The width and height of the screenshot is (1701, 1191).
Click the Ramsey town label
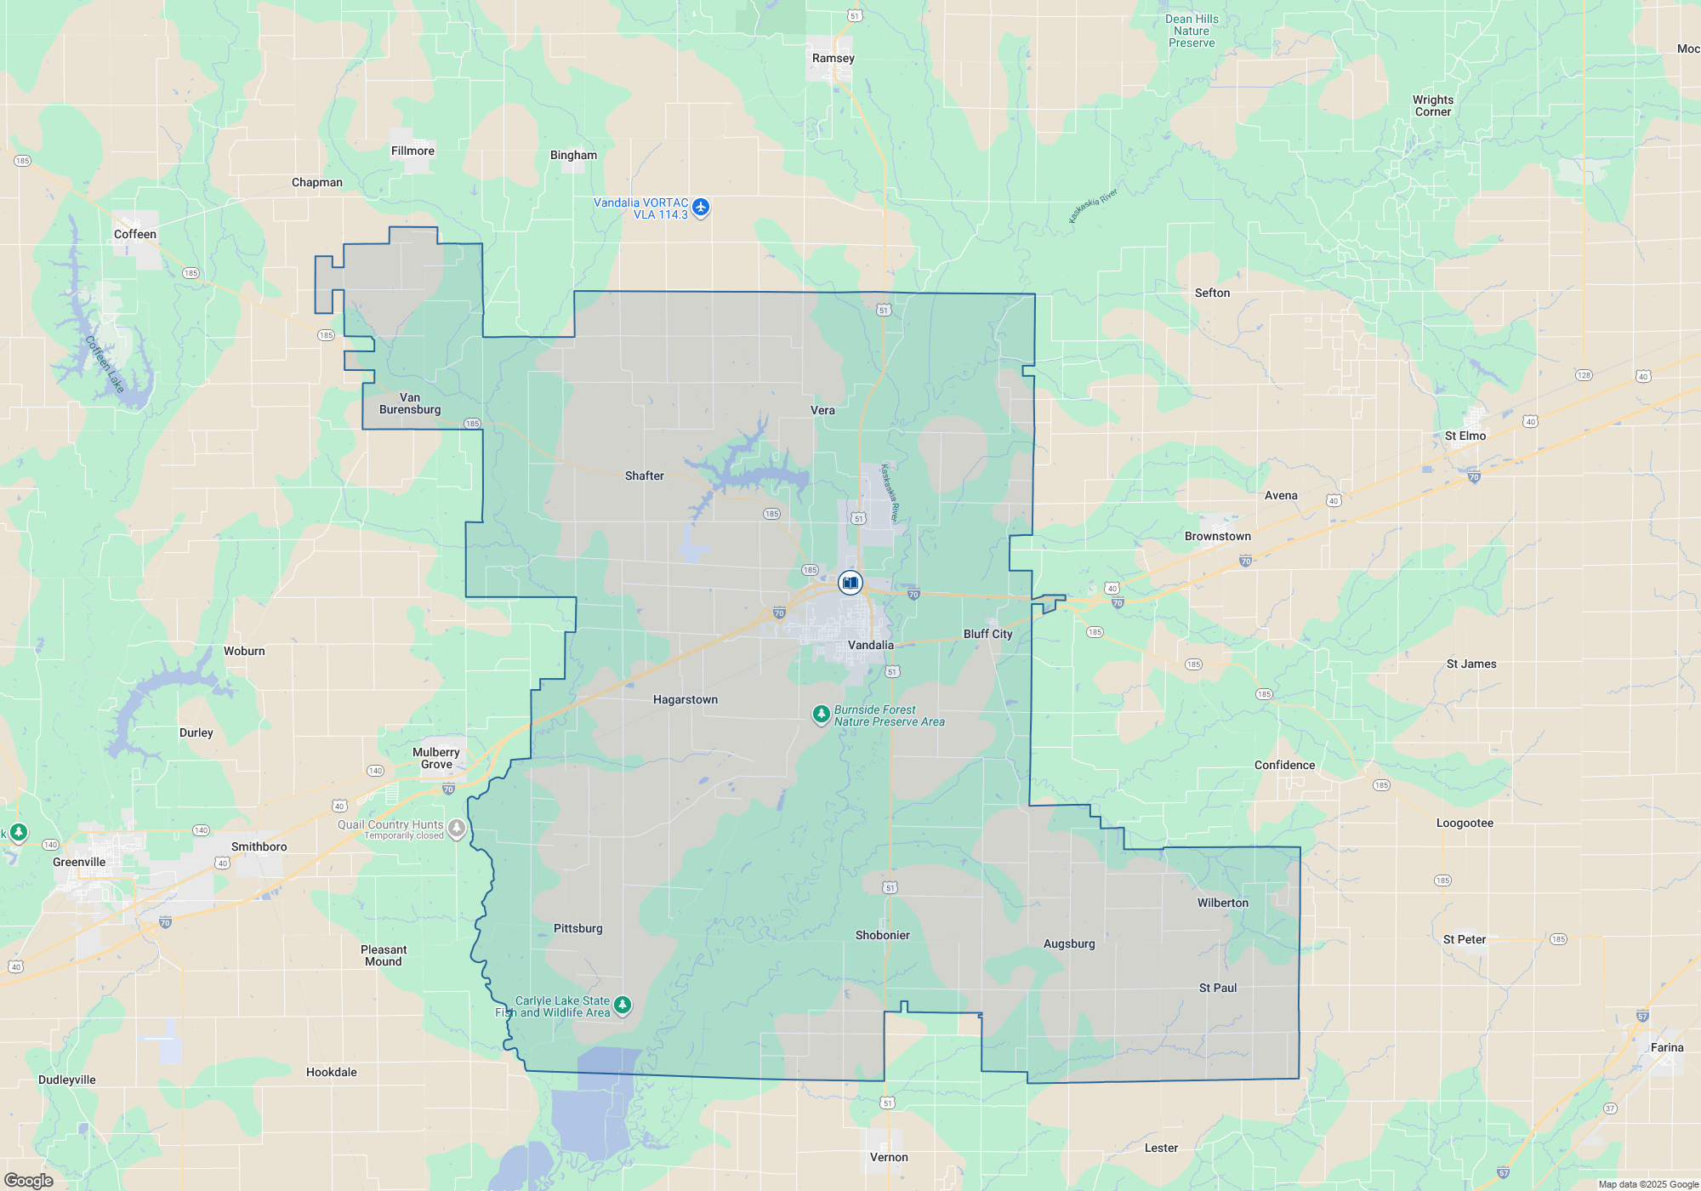833,59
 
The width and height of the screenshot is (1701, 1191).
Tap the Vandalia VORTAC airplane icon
701,207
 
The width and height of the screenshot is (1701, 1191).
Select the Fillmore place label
412,151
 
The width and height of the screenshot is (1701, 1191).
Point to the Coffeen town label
135,235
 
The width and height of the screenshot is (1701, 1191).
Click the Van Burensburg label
410,404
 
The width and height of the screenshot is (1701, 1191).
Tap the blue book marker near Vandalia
850,583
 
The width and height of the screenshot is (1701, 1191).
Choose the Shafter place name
644,476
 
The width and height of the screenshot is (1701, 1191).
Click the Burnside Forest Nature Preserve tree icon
821,715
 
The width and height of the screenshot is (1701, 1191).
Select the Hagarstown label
686,700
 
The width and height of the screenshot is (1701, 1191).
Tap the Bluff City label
987,635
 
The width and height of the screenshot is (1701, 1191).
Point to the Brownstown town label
1217,537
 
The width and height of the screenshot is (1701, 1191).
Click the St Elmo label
1465,436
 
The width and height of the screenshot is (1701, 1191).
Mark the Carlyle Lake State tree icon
623,1006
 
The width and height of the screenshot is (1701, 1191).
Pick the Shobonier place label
882,936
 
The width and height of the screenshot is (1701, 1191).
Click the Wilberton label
1223,903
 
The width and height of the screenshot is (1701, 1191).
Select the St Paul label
1218,989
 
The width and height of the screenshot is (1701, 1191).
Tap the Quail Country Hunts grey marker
457,828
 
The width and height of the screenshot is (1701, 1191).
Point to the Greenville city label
79,863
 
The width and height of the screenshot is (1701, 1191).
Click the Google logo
28,1181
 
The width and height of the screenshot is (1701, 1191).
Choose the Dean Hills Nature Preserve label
1192,31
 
